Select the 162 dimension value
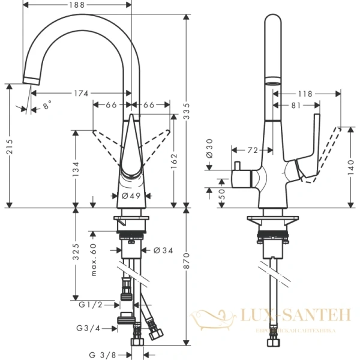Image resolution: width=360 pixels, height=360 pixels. pos(174,161)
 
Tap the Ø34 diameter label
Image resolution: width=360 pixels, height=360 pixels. pos(163,250)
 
